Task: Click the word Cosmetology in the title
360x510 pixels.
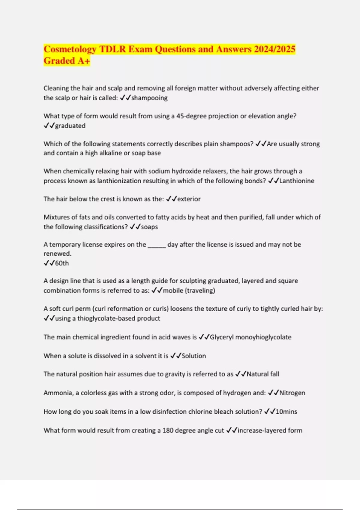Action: (70, 49)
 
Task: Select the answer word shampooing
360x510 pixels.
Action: (149, 98)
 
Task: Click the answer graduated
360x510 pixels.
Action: (70, 126)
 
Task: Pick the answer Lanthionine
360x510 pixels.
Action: (297, 181)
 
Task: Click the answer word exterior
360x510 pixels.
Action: (189, 199)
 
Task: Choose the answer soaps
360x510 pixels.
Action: (149, 227)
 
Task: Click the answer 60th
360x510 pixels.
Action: (62, 263)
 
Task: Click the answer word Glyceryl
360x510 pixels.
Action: (221, 337)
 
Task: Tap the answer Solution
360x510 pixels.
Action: (194, 356)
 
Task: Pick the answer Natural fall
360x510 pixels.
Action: (263, 374)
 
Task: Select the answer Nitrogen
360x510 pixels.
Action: (292, 393)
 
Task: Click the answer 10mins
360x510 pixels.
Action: (286, 412)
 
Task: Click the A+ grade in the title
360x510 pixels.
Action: (84, 61)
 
